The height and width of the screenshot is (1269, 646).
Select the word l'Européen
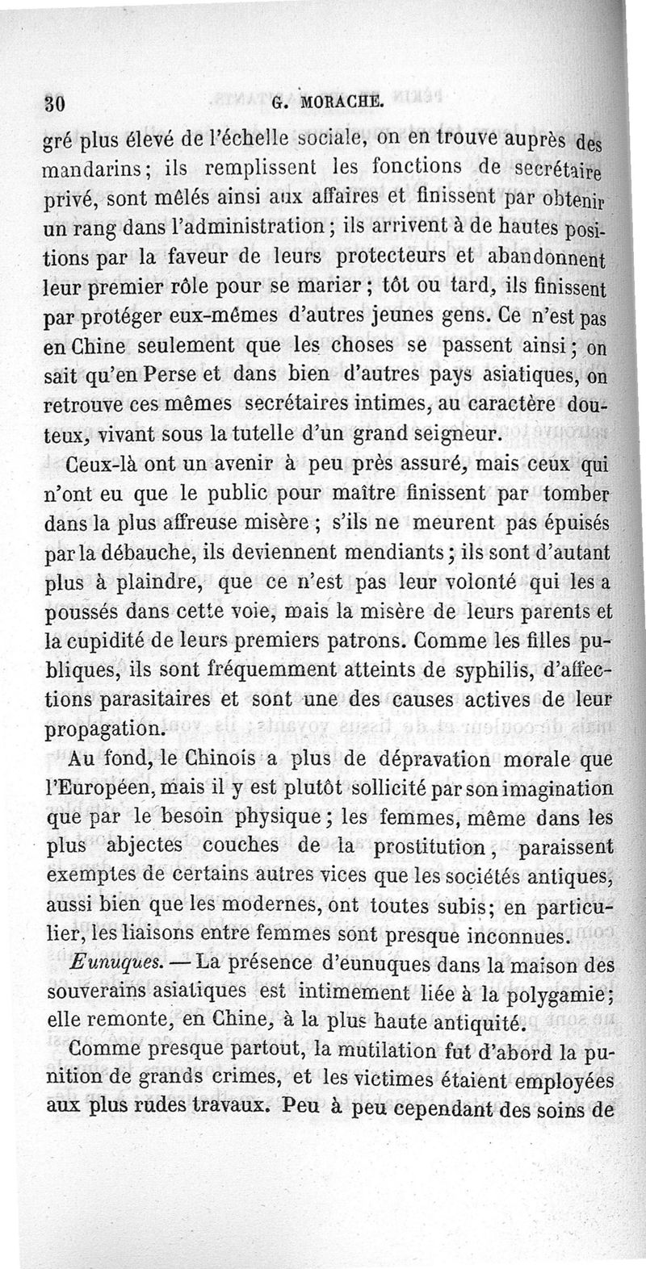pyautogui.click(x=94, y=790)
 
